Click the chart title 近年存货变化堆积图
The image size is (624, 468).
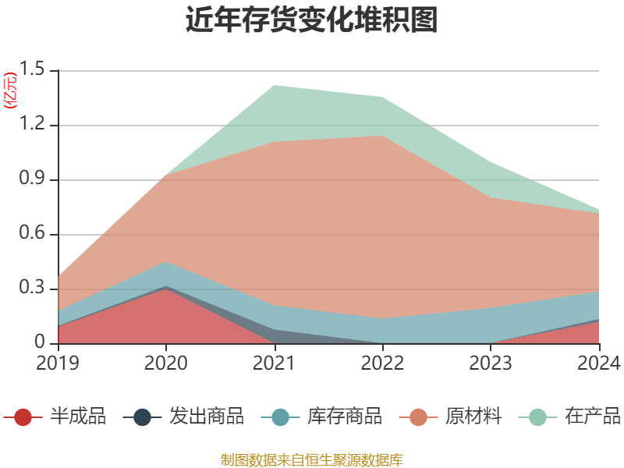(x=312, y=20)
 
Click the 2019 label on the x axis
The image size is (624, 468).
(x=58, y=363)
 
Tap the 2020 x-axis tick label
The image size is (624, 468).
(x=166, y=363)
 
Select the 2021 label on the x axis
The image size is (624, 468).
(x=275, y=363)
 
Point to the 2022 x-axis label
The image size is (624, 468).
(x=382, y=363)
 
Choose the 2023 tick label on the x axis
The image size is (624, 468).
(x=491, y=363)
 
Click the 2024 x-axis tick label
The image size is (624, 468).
(x=599, y=363)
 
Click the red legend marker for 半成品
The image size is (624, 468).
(x=23, y=417)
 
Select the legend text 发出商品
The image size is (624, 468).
(x=207, y=417)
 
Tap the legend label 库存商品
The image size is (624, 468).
(x=345, y=417)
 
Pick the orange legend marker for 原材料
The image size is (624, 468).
(x=419, y=417)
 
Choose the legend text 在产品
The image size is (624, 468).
(x=593, y=417)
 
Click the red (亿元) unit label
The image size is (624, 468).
(x=10, y=90)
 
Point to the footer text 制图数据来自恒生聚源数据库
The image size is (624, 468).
(x=312, y=459)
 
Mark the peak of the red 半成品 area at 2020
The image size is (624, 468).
(x=166, y=289)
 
